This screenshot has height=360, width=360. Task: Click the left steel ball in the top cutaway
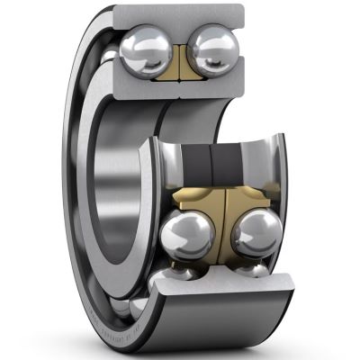[x=143, y=45]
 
